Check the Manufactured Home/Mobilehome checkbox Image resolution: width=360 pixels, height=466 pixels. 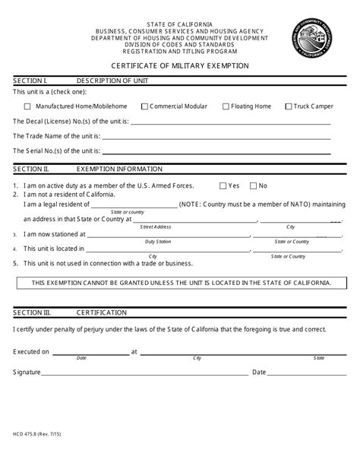(x=28, y=106)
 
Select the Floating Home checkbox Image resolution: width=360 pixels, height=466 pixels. (x=226, y=106)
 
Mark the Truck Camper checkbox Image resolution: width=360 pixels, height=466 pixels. (x=289, y=106)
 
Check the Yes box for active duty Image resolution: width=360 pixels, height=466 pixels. (x=223, y=185)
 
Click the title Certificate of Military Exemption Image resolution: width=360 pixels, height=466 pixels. (x=180, y=67)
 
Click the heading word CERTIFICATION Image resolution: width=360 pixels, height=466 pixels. (x=102, y=312)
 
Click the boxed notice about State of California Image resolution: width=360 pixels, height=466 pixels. (x=180, y=282)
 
